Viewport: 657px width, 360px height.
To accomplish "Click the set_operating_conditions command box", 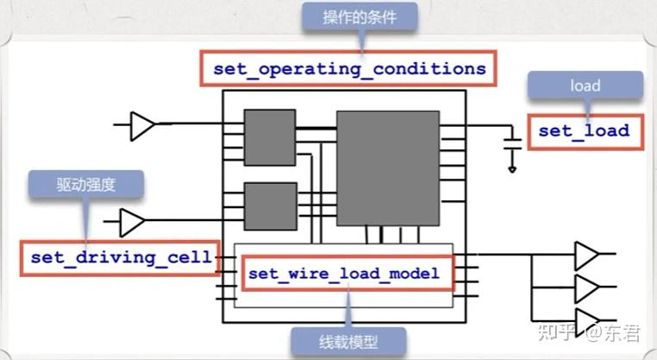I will click(349, 67).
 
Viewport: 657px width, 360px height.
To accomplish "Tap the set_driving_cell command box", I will click(121, 256).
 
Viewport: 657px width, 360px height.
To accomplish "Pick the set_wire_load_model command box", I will click(345, 274).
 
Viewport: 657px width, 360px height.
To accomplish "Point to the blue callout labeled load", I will click(585, 86).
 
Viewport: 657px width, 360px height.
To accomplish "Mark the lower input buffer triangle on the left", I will click(132, 222).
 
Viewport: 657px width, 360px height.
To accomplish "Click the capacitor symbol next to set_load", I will click(513, 142).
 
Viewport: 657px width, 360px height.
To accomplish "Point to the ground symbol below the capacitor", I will click(513, 169).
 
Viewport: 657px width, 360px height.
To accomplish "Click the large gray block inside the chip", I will click(387, 167).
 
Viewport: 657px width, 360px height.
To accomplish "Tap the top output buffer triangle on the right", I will click(586, 255).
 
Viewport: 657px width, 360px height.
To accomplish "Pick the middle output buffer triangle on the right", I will click(586, 288).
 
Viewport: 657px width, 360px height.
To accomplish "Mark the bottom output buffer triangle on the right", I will click(586, 320).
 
